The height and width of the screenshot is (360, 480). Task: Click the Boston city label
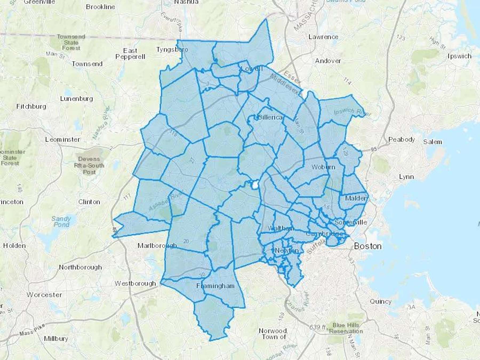click(x=367, y=246)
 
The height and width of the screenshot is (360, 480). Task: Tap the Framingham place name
click(x=215, y=286)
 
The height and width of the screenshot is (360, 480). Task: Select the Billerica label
click(x=270, y=117)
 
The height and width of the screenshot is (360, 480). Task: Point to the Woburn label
click(x=323, y=167)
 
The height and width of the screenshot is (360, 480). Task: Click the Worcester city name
click(x=44, y=295)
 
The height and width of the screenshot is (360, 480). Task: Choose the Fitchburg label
click(x=31, y=106)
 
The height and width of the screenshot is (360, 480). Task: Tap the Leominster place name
click(x=63, y=139)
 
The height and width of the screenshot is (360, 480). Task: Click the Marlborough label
click(x=157, y=245)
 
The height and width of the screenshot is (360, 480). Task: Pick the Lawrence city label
click(x=323, y=37)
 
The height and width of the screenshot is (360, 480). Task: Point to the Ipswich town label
click(x=459, y=56)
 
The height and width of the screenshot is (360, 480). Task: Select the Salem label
click(x=433, y=142)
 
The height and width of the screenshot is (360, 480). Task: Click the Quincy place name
click(x=381, y=301)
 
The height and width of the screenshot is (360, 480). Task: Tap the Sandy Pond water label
click(x=61, y=222)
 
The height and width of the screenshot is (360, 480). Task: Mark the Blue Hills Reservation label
click(x=346, y=328)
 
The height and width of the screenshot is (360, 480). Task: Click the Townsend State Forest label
click(x=71, y=42)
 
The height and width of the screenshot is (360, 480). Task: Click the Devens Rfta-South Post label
click(x=89, y=165)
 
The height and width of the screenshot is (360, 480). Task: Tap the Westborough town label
click(x=135, y=283)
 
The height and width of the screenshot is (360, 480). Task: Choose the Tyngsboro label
click(x=172, y=50)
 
